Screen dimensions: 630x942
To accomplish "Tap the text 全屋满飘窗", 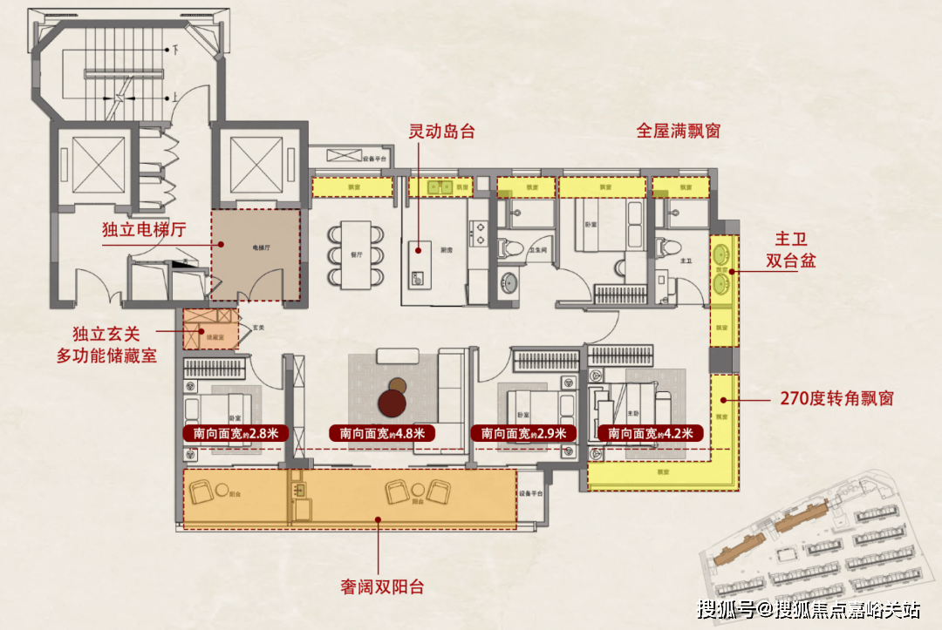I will tap(678, 132).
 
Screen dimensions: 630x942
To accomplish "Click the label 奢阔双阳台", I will tap(382, 586).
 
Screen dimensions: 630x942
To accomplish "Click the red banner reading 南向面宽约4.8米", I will tap(382, 433).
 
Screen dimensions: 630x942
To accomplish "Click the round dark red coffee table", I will tap(395, 402).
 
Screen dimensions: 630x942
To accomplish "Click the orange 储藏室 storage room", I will tap(209, 329).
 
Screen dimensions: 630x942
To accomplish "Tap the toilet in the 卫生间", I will tap(508, 247).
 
